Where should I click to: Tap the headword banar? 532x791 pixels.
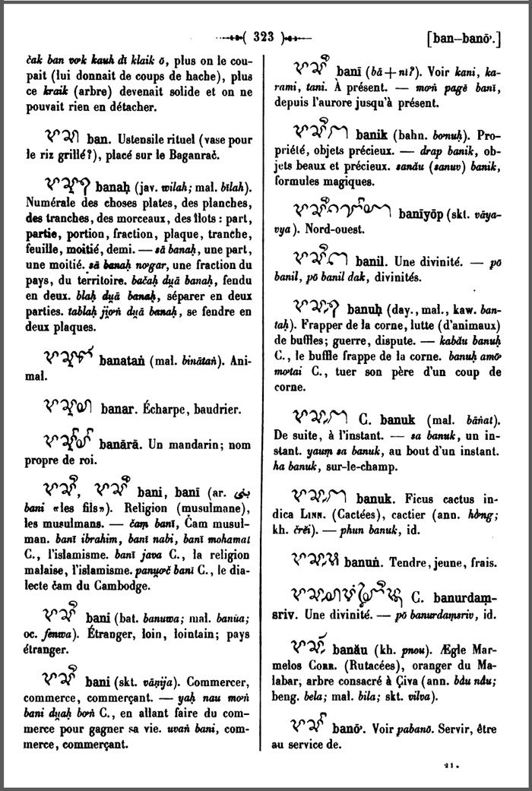click(119, 409)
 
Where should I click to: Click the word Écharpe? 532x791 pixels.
click(169, 410)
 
